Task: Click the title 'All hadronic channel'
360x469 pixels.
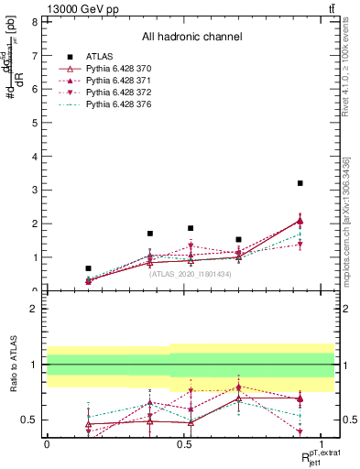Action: [191, 38]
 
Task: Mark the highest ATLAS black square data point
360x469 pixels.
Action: [300, 183]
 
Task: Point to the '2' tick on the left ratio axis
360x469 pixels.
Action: [37, 309]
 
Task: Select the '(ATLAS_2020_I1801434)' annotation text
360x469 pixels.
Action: [191, 274]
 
